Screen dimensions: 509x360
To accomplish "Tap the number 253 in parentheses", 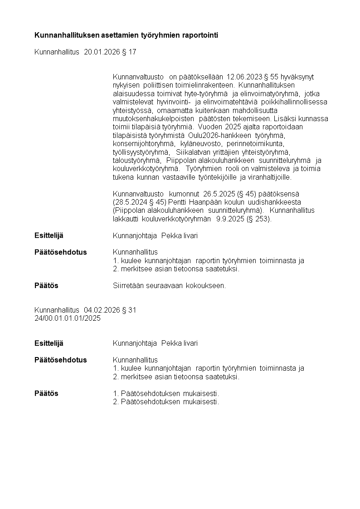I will coord(263,219).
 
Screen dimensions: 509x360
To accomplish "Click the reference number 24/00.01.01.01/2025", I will coord(68,318).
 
